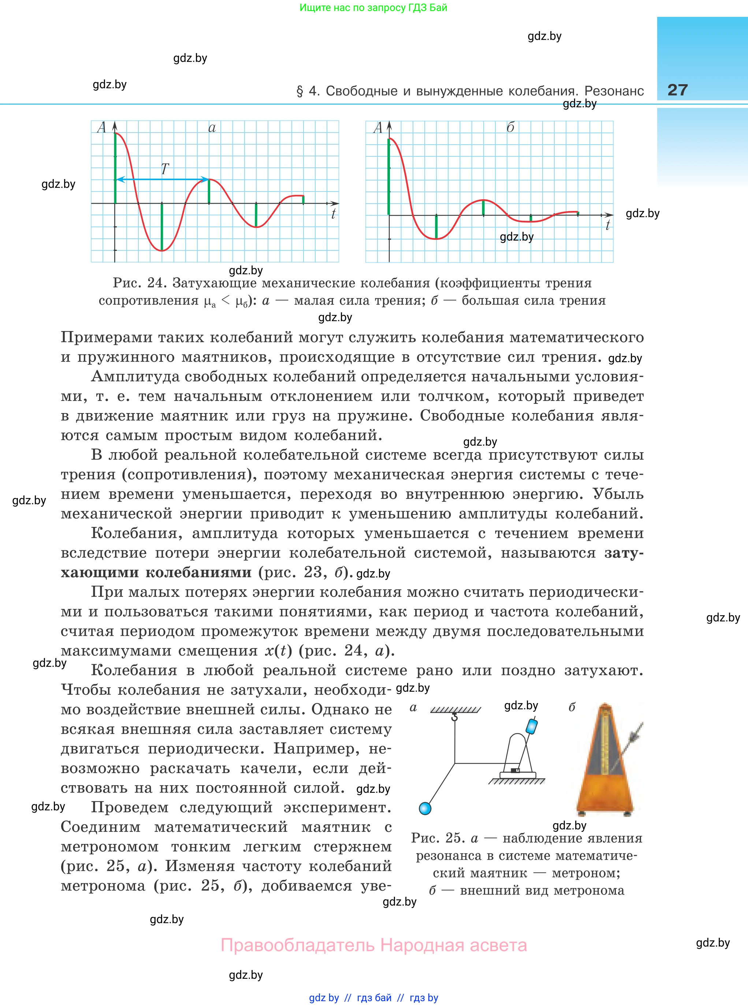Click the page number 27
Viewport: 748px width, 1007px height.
pyautogui.click(x=677, y=90)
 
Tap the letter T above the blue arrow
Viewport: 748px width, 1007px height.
pyautogui.click(x=165, y=169)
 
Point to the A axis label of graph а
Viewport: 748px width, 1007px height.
pyautogui.click(x=101, y=128)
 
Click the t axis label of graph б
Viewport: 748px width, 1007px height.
pyautogui.click(x=608, y=225)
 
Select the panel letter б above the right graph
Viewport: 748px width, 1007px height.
pyautogui.click(x=510, y=128)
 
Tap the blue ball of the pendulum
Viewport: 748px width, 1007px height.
pyautogui.click(x=425, y=808)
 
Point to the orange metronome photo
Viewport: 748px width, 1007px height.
pyautogui.click(x=605, y=761)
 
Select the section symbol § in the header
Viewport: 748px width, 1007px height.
pyautogui.click(x=300, y=92)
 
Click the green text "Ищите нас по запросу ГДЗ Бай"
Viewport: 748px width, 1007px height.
pyautogui.click(x=373, y=8)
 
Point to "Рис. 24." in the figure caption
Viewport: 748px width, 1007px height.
pyautogui.click(x=140, y=283)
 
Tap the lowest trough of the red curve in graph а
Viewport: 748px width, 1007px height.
pyautogui.click(x=162, y=250)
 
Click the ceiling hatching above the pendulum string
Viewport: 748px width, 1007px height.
pyautogui.click(x=455, y=710)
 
